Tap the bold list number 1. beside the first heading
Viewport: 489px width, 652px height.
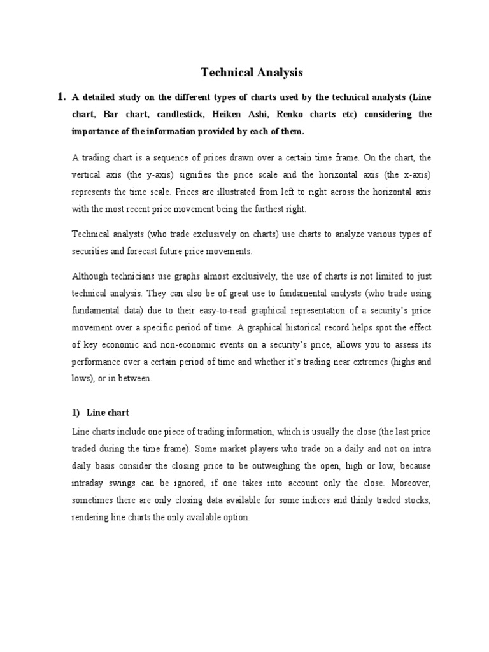pos(62,97)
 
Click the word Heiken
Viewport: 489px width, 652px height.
pos(230,115)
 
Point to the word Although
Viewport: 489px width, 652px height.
pos(92,276)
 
